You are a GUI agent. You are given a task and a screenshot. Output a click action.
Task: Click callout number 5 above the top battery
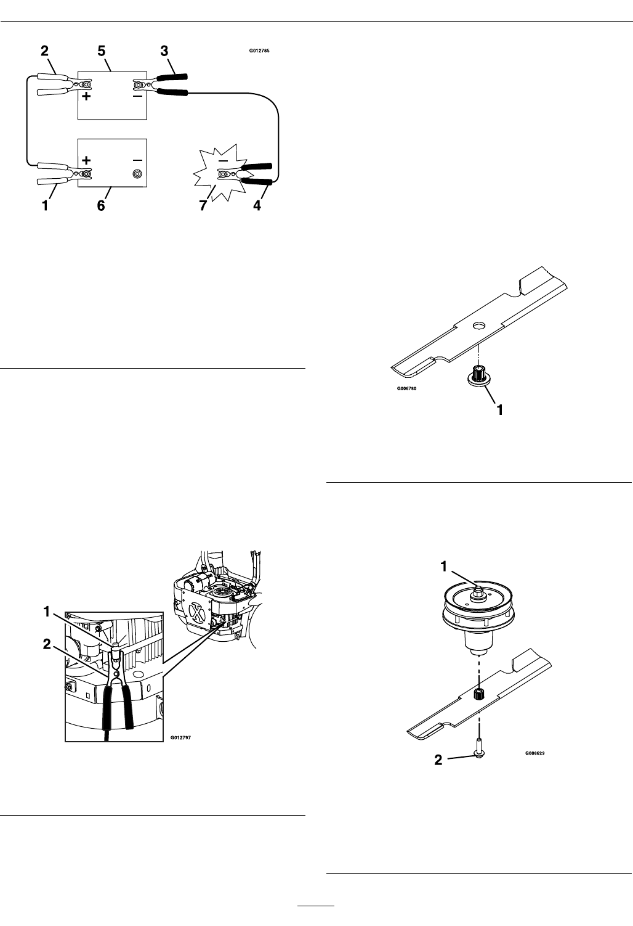click(102, 52)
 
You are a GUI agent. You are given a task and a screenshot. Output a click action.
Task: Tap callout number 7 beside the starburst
click(203, 206)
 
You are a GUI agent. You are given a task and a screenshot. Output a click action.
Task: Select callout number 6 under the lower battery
click(101, 206)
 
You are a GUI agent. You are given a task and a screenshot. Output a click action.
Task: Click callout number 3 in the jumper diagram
click(164, 52)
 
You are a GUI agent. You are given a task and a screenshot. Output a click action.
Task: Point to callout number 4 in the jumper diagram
click(257, 206)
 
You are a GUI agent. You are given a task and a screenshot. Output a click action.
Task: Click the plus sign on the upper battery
click(87, 97)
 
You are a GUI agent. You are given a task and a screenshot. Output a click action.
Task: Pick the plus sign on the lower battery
click(86, 160)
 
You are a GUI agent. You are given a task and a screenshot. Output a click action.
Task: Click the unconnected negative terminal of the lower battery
click(137, 174)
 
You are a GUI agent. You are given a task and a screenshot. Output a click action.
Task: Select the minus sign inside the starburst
click(224, 160)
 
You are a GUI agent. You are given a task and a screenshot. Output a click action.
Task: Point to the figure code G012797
click(181, 736)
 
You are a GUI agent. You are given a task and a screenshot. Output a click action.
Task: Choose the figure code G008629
click(535, 753)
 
